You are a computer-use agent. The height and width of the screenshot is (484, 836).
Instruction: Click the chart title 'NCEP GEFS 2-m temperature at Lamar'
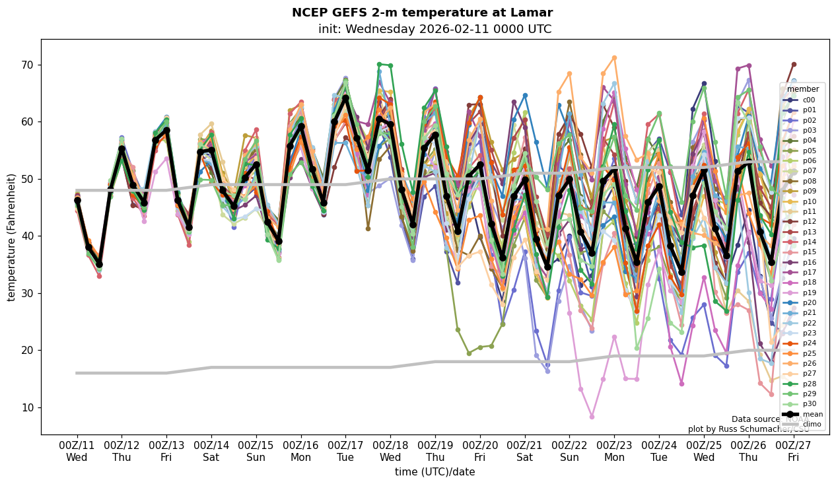click(422, 13)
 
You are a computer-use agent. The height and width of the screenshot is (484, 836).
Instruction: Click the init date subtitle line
click(435, 29)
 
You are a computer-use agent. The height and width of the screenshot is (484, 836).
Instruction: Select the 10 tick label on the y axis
click(27, 407)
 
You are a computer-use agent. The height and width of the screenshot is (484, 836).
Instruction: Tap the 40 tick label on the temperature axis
click(27, 236)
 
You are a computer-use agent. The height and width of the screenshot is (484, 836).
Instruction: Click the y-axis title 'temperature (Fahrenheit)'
click(12, 237)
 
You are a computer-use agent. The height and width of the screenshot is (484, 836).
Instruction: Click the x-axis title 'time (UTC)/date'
click(435, 472)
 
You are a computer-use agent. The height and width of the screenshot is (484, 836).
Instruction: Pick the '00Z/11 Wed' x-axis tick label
click(77, 450)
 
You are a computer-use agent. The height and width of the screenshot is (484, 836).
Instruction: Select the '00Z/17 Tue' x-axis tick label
click(345, 450)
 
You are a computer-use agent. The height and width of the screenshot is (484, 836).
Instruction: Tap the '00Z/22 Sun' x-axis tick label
click(569, 450)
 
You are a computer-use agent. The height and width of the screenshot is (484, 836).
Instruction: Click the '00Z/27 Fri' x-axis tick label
click(793, 450)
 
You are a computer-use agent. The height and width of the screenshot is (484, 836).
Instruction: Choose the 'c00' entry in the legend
click(808, 100)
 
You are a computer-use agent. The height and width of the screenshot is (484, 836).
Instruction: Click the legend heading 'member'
click(803, 89)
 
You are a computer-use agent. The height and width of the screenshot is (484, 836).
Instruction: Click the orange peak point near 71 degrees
click(614, 58)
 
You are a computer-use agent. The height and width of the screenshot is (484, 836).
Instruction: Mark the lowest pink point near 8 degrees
click(592, 417)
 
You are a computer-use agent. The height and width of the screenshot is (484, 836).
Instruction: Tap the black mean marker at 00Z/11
click(77, 200)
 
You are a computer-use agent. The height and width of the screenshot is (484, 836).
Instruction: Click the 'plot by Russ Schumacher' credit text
click(748, 429)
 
